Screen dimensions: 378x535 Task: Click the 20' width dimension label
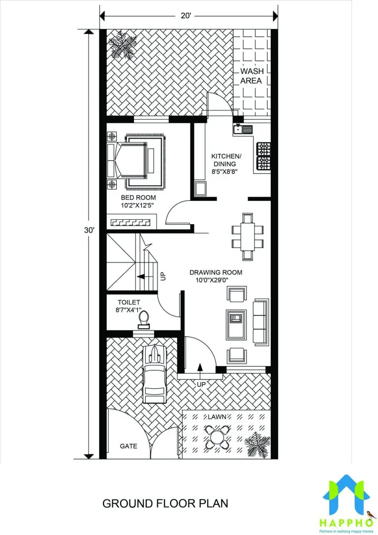click(186, 16)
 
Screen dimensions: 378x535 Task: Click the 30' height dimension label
click(89, 231)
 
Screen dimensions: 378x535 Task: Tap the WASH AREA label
click(252, 76)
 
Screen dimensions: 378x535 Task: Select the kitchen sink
click(243, 129)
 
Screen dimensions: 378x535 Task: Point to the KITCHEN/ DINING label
click(225, 164)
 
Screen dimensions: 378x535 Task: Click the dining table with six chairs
click(248, 237)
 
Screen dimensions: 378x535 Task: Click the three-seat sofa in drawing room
click(261, 322)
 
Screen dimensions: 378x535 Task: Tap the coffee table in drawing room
click(236, 325)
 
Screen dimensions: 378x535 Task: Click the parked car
click(155, 374)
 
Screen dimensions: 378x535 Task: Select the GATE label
click(128, 446)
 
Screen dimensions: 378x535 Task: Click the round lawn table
click(217, 436)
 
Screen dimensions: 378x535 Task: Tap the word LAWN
click(217, 417)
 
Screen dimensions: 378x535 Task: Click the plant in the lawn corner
click(257, 444)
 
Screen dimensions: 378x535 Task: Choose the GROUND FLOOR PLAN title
click(165, 503)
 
